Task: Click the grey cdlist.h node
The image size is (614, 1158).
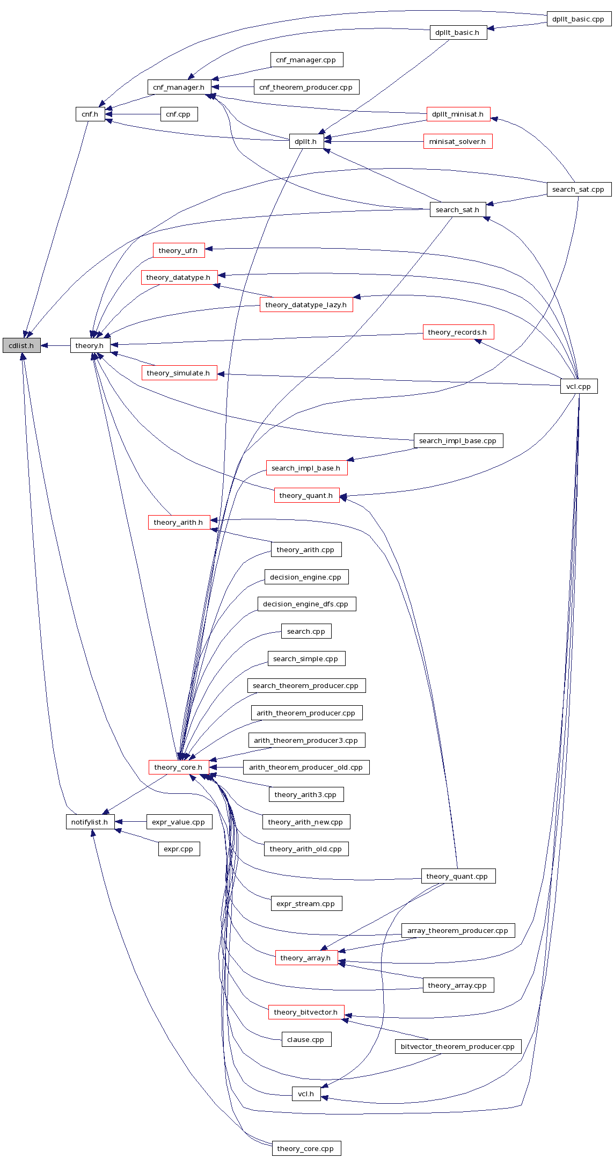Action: (x=21, y=345)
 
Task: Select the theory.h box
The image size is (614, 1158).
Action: (x=90, y=345)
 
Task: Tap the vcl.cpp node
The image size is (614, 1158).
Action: (x=579, y=386)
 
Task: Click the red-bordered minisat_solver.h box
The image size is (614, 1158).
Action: (x=457, y=142)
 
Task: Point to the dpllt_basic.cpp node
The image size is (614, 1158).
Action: (x=579, y=19)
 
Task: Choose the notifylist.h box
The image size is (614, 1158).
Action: (x=90, y=822)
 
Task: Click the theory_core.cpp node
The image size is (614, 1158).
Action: (x=306, y=1148)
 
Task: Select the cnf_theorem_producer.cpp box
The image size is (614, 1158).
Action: (x=306, y=87)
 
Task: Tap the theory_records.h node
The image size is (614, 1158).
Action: (x=458, y=332)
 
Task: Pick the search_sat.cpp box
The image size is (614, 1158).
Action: (x=579, y=189)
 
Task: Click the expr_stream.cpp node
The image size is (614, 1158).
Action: (x=306, y=903)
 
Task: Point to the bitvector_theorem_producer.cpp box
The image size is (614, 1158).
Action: (x=458, y=1046)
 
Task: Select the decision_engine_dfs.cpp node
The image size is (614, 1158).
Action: (x=306, y=604)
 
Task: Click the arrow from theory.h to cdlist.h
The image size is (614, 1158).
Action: (x=55, y=345)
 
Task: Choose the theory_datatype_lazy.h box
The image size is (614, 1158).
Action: (x=306, y=305)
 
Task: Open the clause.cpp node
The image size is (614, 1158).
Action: (x=306, y=1039)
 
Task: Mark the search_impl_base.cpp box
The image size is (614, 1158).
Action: (x=458, y=441)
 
